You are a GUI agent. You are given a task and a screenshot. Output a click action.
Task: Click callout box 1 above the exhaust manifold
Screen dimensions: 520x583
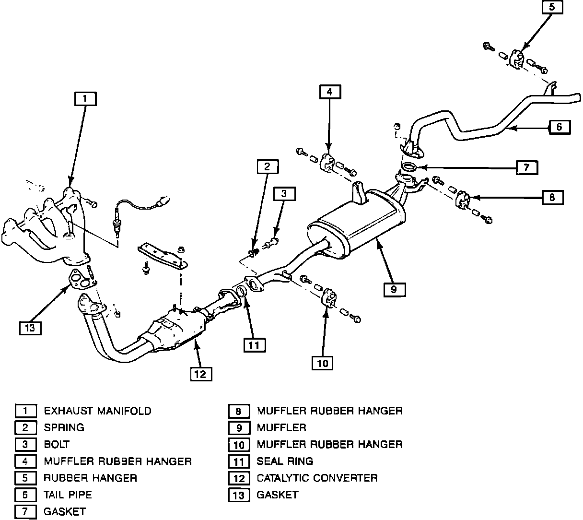pyautogui.click(x=85, y=99)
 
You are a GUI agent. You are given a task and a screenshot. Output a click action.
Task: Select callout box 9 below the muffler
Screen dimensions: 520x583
pyautogui.click(x=394, y=289)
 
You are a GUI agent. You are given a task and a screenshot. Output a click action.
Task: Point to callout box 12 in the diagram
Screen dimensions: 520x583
pyautogui.click(x=201, y=374)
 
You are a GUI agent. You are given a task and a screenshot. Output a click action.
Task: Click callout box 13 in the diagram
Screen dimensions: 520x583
pyautogui.click(x=31, y=328)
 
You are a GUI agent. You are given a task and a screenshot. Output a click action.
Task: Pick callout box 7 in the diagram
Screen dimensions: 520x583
pyautogui.click(x=526, y=167)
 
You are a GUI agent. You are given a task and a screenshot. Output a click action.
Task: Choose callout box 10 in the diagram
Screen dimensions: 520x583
pyautogui.click(x=323, y=363)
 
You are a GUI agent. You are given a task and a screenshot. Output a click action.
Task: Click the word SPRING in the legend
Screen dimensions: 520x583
pyautogui.click(x=64, y=427)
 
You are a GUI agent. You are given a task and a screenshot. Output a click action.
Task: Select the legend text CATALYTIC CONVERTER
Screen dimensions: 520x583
pyautogui.click(x=317, y=478)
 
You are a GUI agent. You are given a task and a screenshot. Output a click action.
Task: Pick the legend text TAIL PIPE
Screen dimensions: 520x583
pyautogui.click(x=68, y=495)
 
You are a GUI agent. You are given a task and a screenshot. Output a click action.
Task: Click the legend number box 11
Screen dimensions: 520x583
pyautogui.click(x=239, y=461)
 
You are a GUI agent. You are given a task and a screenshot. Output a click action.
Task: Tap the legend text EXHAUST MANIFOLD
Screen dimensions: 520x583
pyautogui.click(x=97, y=411)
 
